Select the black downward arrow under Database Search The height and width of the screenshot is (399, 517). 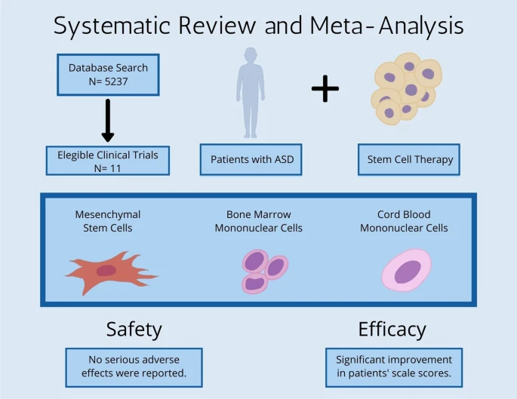coord(108,121)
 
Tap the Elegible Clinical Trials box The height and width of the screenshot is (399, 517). coord(108,160)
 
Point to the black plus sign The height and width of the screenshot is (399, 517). coord(325,89)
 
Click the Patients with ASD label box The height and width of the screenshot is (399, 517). coord(251,160)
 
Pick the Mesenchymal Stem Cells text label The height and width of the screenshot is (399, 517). coord(108,221)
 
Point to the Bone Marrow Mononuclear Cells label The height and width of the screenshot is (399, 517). coord(258,221)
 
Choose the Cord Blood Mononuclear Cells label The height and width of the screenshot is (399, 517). coord(404,221)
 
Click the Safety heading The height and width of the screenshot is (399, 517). coord(134,329)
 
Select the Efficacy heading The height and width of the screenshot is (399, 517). coord(392,329)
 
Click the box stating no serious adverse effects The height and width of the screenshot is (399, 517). coord(134,367)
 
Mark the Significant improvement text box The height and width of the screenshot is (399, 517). coord(394,367)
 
